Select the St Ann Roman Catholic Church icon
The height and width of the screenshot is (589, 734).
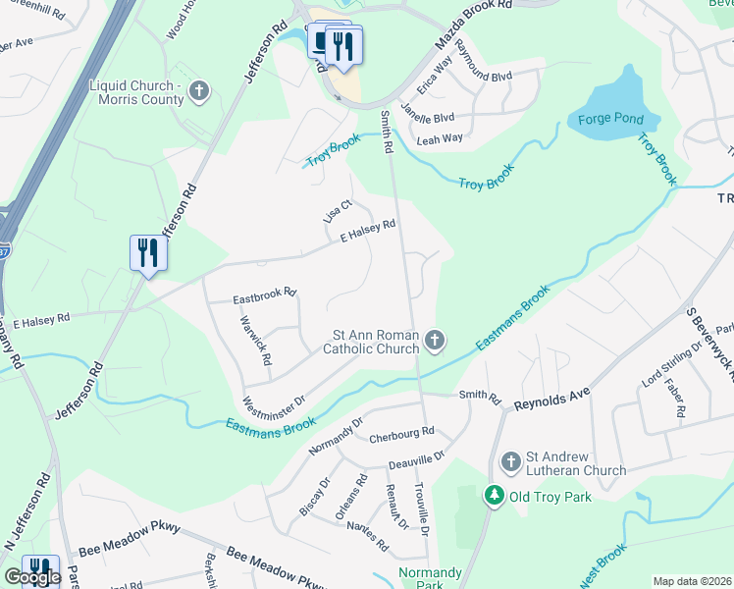click(x=435, y=341)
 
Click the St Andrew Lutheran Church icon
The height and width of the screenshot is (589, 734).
click(x=510, y=461)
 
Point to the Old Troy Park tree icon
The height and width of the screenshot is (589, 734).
click(x=496, y=496)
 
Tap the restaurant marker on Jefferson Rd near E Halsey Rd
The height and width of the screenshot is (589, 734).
click(x=148, y=253)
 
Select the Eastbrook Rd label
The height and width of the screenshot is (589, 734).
click(x=264, y=296)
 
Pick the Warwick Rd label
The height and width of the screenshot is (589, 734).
click(x=254, y=338)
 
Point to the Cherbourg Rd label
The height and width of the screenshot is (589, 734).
click(x=400, y=433)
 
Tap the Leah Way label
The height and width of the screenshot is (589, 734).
click(x=440, y=139)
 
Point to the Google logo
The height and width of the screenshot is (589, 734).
click(x=31, y=577)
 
